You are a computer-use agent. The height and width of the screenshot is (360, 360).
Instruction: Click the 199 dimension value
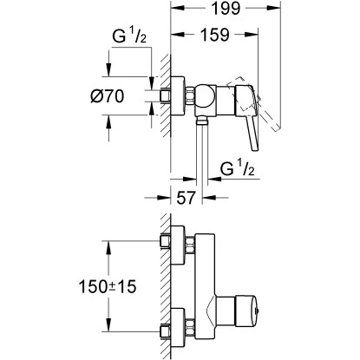226,9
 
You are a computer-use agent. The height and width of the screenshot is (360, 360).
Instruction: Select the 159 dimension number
215,35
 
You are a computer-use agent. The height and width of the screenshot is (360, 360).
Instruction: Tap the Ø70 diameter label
107,96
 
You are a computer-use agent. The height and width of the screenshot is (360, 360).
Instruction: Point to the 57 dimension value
186,198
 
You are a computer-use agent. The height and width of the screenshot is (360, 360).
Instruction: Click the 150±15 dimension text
108,287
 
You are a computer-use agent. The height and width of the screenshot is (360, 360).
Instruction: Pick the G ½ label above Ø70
130,36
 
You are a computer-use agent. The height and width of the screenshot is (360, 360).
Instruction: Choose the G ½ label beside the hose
237,168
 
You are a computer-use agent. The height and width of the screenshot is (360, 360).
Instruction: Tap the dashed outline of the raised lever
254,101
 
